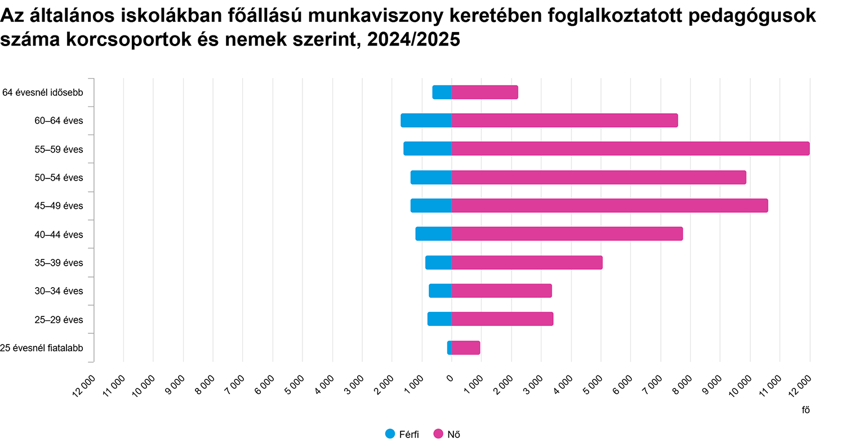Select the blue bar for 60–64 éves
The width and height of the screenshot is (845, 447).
coord(426,120)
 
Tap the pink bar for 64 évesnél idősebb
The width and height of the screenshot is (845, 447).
coord(484,92)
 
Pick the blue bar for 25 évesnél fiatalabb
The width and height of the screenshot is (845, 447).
coord(450,348)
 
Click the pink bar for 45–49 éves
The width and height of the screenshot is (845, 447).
coord(610,205)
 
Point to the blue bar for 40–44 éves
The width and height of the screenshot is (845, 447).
coord(434,234)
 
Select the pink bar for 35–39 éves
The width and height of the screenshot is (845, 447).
coord(527,262)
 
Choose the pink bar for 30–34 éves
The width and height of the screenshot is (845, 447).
coord(501,291)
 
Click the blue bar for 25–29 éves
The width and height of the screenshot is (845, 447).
coord(439,319)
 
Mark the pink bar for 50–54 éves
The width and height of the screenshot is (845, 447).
coord(598,177)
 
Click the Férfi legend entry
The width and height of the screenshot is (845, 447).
coord(402,434)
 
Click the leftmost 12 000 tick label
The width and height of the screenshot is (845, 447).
coord(84,387)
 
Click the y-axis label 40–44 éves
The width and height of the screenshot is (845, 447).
coord(59,234)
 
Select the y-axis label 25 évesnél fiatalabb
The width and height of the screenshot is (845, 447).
coord(42,348)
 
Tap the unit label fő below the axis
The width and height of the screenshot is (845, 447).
coord(806,410)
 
